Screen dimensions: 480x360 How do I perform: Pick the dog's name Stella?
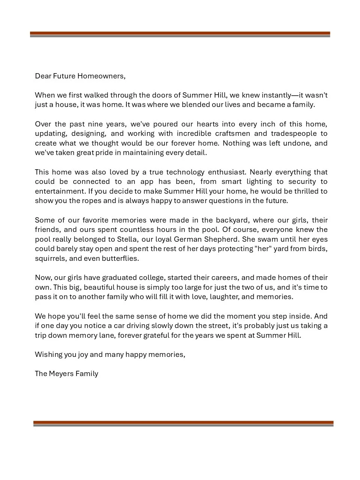coord(127,239)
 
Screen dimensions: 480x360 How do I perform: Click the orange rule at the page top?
coord(180,33)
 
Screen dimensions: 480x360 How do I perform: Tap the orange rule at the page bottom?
coord(183,422)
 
